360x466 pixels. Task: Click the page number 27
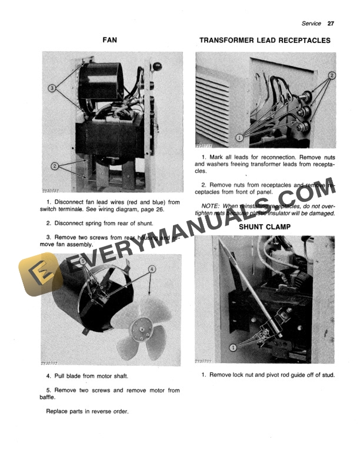click(x=331, y=24)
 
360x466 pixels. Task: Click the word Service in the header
click(x=311, y=24)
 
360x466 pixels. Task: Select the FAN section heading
click(x=110, y=41)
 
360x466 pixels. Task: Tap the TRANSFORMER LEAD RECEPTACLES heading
click(x=265, y=41)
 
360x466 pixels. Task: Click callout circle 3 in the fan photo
click(x=52, y=88)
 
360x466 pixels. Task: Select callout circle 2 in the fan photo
click(x=54, y=167)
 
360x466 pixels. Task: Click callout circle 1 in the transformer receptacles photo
click(x=239, y=137)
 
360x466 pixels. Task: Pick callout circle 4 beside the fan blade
click(x=152, y=269)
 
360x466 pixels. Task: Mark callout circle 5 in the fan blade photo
click(x=82, y=261)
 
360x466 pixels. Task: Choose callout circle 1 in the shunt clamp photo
click(x=232, y=347)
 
